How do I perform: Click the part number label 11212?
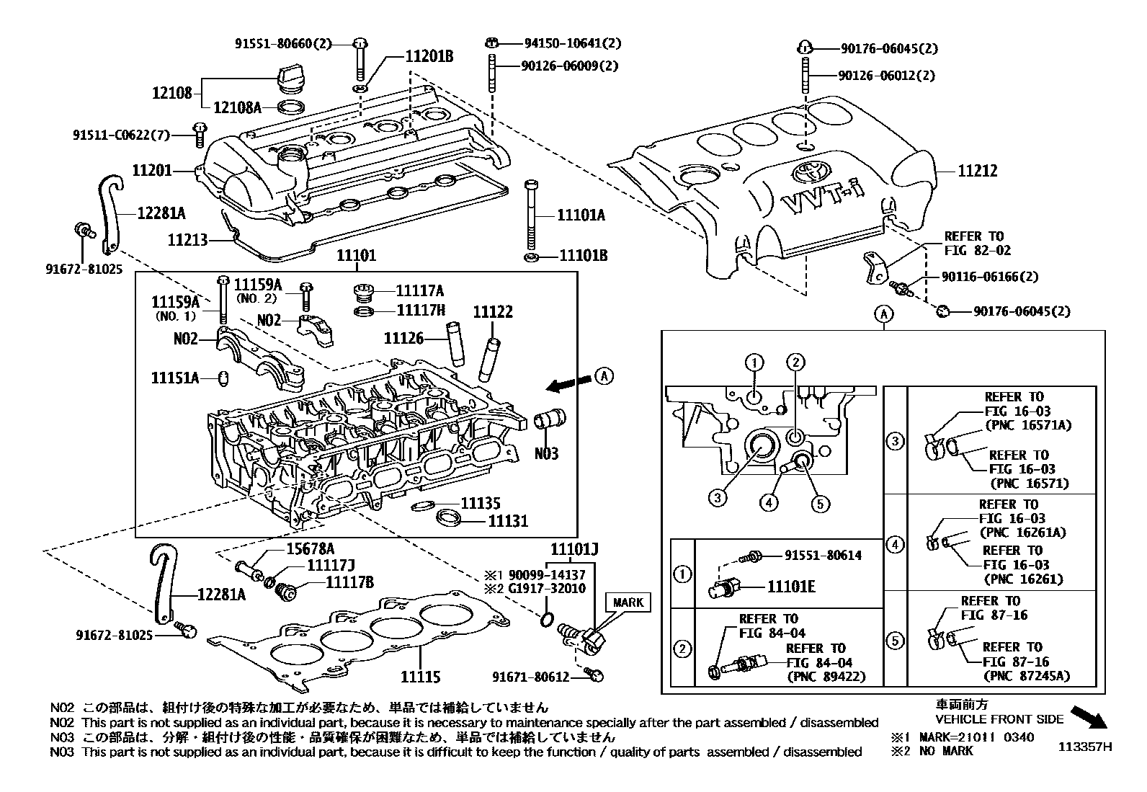point(977,172)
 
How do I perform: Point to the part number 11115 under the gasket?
point(420,677)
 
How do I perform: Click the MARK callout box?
point(628,602)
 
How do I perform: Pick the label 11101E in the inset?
point(790,587)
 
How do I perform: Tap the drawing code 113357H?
point(1084,747)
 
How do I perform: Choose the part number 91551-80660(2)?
point(283,43)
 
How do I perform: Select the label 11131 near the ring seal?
point(508,520)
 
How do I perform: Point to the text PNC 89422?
point(826,676)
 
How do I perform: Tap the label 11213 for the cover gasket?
point(187,240)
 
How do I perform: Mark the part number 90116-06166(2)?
point(989,277)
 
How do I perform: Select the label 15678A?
point(311,548)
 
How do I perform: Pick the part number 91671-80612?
point(531,677)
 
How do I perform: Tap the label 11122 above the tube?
point(493,311)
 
